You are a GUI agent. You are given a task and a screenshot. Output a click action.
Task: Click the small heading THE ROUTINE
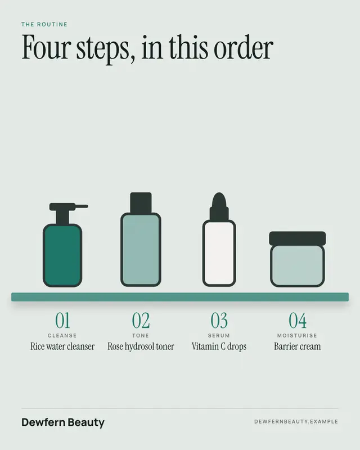coord(44,24)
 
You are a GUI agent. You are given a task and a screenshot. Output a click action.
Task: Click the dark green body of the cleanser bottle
coord(62,255)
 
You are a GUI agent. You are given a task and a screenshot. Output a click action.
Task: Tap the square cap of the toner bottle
coord(141,202)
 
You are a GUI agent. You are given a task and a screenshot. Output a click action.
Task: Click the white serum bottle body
coord(219,254)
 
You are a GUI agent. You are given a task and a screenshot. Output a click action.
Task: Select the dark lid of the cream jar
coord(298,238)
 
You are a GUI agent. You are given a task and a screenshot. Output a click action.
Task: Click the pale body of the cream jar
coord(298,265)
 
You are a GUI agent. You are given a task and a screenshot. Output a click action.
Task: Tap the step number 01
coord(62,320)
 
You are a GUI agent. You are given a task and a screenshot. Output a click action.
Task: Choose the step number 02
coord(141,320)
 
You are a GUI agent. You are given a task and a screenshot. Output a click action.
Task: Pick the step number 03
coord(219,320)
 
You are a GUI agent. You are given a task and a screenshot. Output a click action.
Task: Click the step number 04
coord(298,320)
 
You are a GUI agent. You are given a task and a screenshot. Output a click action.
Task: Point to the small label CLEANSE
coord(62,335)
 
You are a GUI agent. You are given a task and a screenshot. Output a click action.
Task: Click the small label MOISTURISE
coord(297,335)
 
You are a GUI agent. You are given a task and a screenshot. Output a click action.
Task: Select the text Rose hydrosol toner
coord(141,346)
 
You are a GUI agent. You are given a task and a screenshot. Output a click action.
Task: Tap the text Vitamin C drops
coord(219,346)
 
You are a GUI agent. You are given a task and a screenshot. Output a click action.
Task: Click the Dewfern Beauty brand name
coord(63,422)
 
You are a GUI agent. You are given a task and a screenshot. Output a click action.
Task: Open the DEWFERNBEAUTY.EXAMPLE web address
coord(296,421)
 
